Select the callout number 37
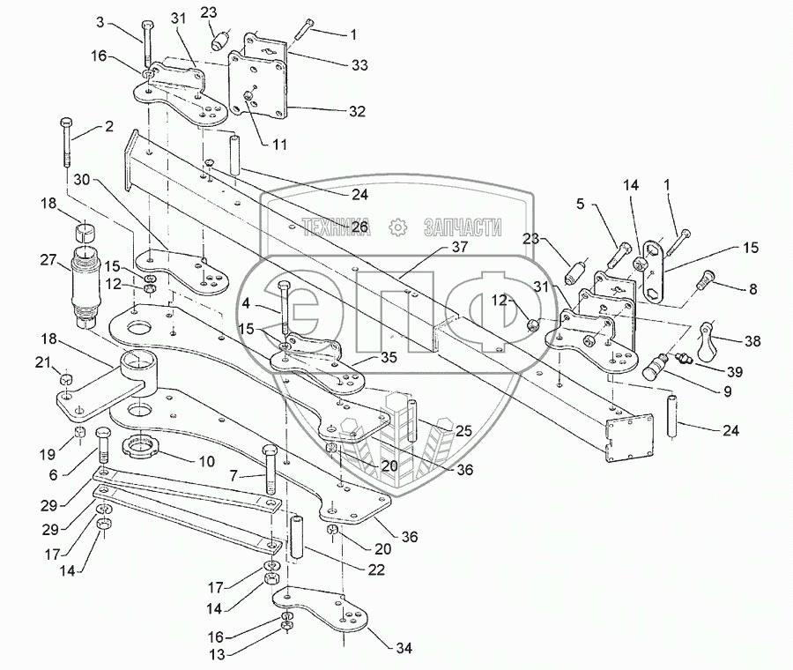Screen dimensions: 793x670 [459, 247]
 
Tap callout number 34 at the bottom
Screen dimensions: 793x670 [403, 647]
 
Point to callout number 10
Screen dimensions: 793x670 [206, 461]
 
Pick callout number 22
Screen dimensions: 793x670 [375, 569]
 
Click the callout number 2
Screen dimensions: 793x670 [108, 126]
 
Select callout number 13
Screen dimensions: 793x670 [218, 655]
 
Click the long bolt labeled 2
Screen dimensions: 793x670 [67, 143]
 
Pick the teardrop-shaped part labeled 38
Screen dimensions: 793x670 [707, 340]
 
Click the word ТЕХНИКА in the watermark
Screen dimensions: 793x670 [337, 227]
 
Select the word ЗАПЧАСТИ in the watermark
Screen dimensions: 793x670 [463, 227]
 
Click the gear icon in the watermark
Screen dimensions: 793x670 [398, 227]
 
